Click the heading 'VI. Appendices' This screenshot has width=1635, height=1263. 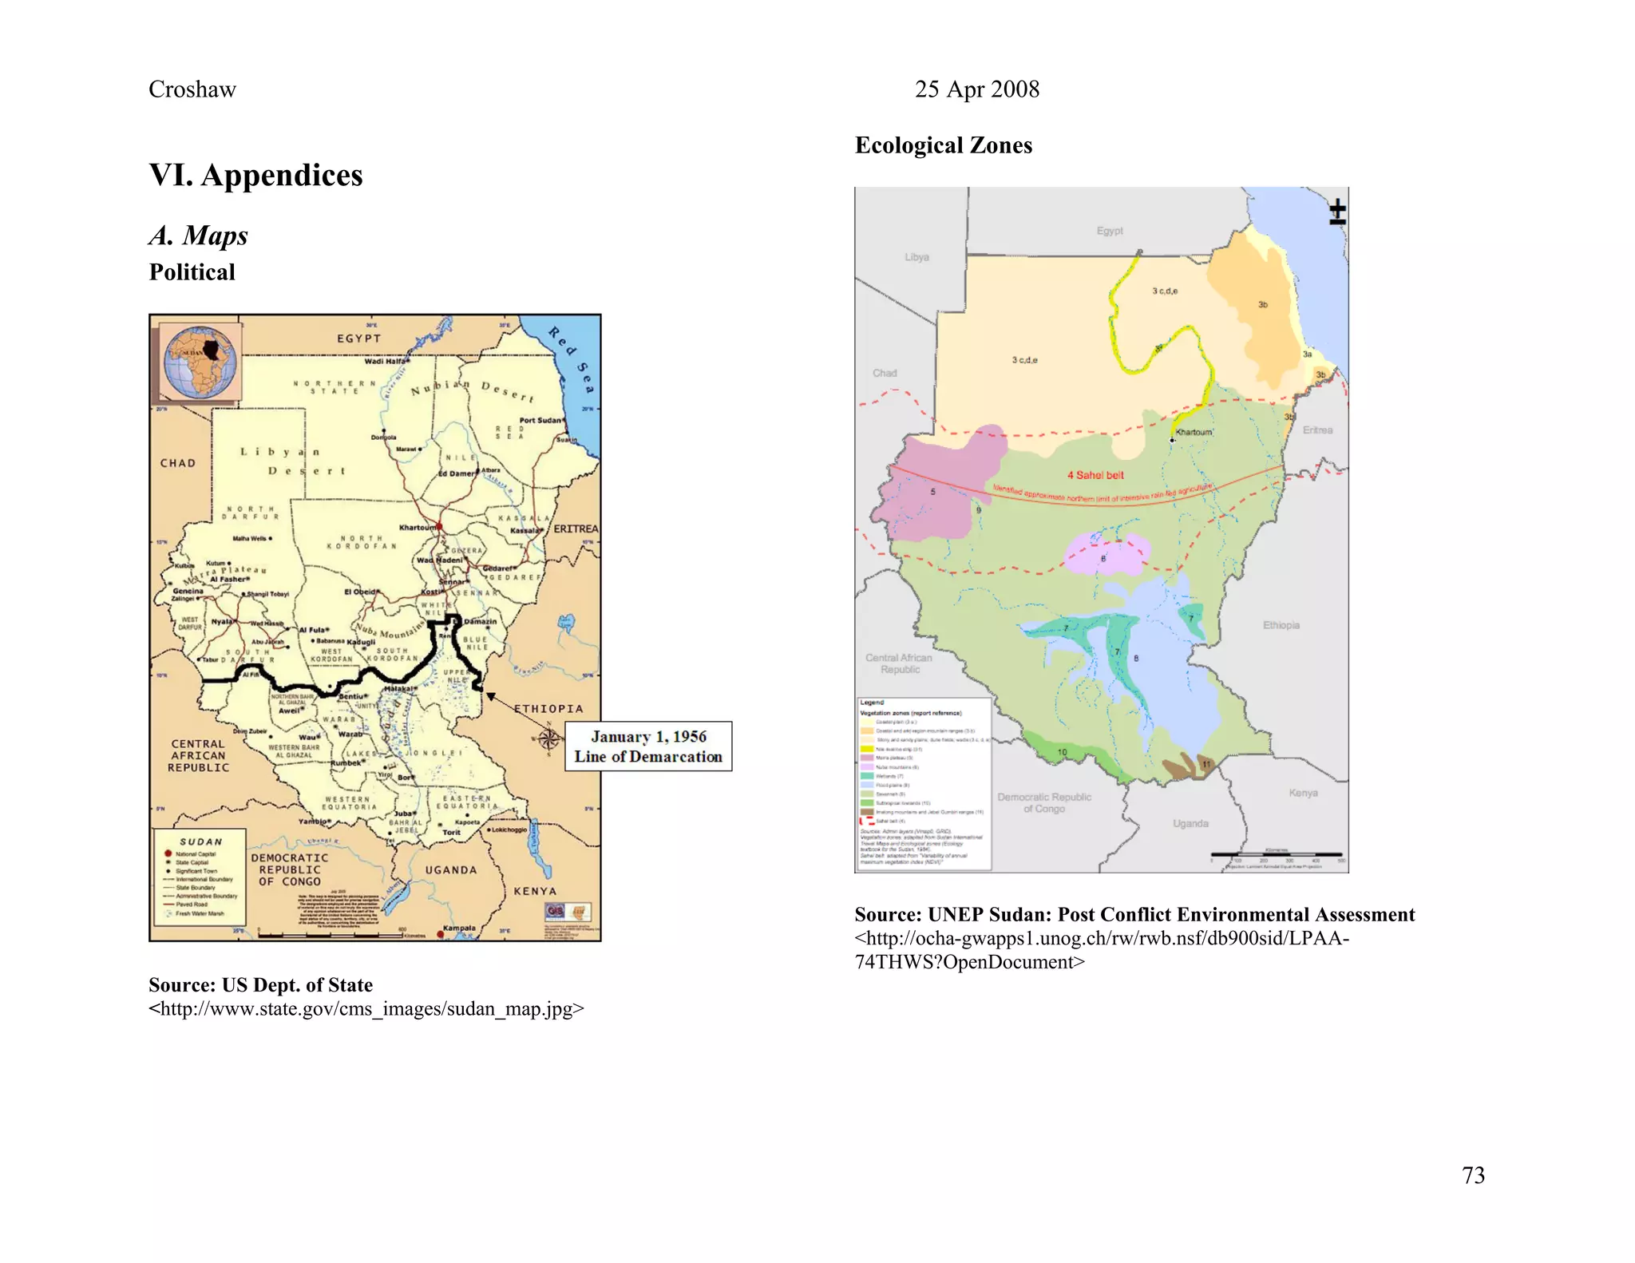255,175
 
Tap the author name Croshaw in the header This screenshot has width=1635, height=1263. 192,89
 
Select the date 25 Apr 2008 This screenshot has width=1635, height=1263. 976,89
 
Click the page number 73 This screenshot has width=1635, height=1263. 1473,1175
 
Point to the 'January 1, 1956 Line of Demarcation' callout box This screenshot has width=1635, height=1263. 647,746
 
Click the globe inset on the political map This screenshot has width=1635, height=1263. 200,362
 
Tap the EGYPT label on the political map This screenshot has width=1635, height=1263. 358,339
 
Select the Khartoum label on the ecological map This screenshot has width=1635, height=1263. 1194,432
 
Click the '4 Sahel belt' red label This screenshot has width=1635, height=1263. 1095,475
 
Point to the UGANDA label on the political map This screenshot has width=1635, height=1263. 450,870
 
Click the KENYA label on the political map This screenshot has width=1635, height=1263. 534,891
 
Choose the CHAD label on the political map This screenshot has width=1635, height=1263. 177,463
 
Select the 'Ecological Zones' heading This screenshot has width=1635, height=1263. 943,145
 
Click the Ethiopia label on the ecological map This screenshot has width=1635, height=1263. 1281,625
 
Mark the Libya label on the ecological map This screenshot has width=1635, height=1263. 916,257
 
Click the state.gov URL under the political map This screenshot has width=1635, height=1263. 366,1009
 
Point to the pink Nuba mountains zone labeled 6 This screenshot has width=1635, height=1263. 1107,552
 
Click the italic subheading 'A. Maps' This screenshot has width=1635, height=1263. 198,236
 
